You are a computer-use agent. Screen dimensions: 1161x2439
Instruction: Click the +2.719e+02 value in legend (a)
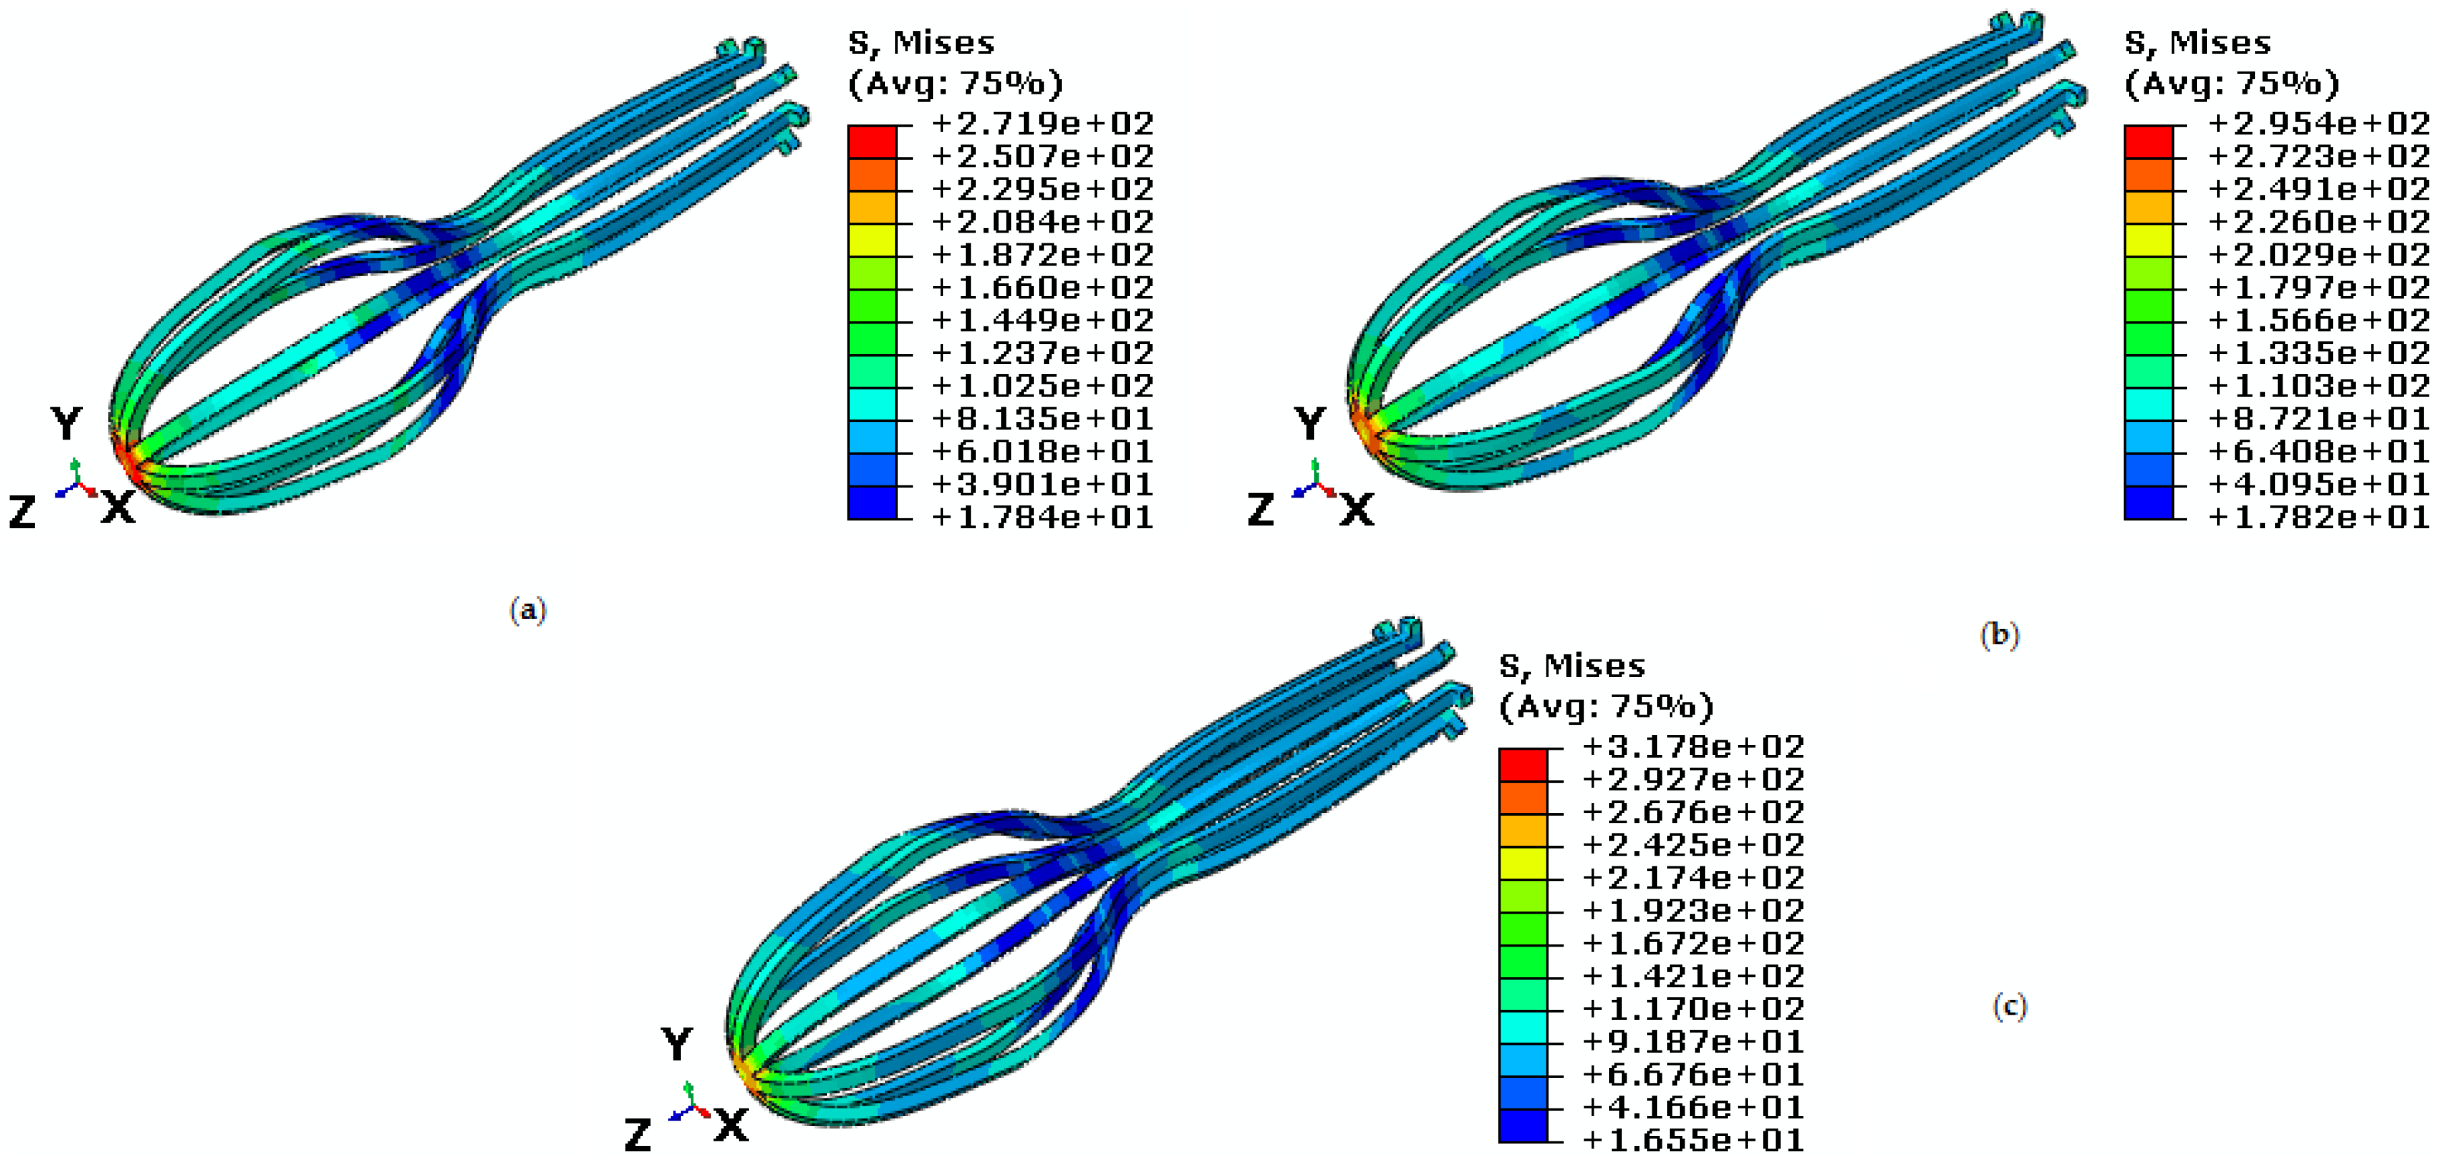[1042, 124]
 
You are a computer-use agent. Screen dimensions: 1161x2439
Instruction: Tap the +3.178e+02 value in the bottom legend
[1693, 747]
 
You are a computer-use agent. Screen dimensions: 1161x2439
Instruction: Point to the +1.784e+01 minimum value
[1042, 517]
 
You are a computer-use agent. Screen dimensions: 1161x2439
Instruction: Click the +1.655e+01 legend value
[1693, 1140]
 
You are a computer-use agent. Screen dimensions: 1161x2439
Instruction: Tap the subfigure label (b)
[1999, 634]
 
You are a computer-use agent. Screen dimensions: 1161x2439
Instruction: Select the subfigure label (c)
[2009, 1006]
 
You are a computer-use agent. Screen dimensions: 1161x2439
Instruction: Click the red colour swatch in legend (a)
[871, 141]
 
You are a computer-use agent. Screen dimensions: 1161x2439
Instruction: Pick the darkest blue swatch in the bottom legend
[1522, 1126]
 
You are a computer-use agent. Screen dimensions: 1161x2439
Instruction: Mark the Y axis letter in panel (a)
[66, 423]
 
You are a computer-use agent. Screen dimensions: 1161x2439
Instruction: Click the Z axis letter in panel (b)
[1260, 510]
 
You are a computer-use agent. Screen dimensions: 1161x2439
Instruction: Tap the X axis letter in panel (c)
[731, 1126]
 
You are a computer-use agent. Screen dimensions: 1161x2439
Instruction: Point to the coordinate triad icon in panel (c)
[689, 1103]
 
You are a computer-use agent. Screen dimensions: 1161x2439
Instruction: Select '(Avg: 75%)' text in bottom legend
[1606, 707]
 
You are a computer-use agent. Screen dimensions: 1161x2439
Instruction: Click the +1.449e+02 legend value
[1042, 320]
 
